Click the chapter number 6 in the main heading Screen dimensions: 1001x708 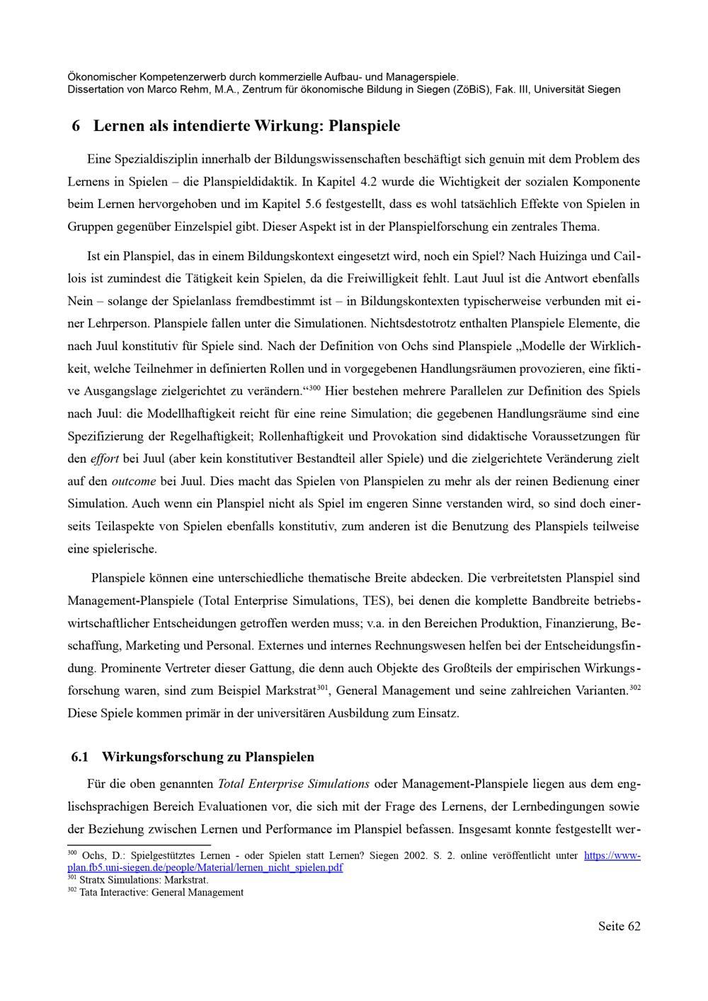click(x=76, y=127)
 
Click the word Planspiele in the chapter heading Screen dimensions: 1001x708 click(x=365, y=127)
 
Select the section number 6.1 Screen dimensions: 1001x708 click(x=80, y=757)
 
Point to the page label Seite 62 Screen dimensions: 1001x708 click(x=619, y=926)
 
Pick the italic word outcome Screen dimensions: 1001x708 click(x=134, y=481)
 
